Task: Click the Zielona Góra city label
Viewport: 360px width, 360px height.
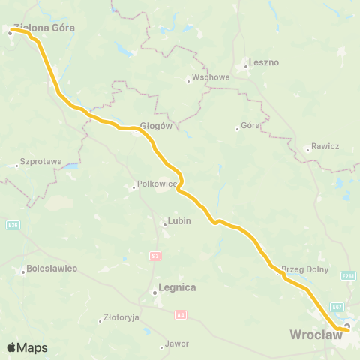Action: (39, 26)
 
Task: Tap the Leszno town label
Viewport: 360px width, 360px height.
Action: (263, 63)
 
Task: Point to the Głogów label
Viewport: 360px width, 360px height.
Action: (157, 126)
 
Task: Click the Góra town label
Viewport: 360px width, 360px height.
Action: (250, 126)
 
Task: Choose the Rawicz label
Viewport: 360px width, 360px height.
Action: (326, 147)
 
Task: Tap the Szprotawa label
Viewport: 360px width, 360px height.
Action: (41, 161)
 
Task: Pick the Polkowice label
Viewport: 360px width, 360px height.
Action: (155, 184)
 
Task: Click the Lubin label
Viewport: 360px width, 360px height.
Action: (178, 221)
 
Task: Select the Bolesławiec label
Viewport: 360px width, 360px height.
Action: (52, 268)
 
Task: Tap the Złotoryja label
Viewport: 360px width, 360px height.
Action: (121, 317)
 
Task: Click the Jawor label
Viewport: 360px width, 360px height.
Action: (177, 343)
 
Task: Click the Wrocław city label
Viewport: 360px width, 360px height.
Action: (316, 334)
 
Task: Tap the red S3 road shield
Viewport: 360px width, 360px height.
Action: (154, 256)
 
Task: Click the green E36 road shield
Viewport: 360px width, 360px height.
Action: (12, 224)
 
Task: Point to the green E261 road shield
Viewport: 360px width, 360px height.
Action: (348, 276)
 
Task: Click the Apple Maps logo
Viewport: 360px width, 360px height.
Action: (27, 347)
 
